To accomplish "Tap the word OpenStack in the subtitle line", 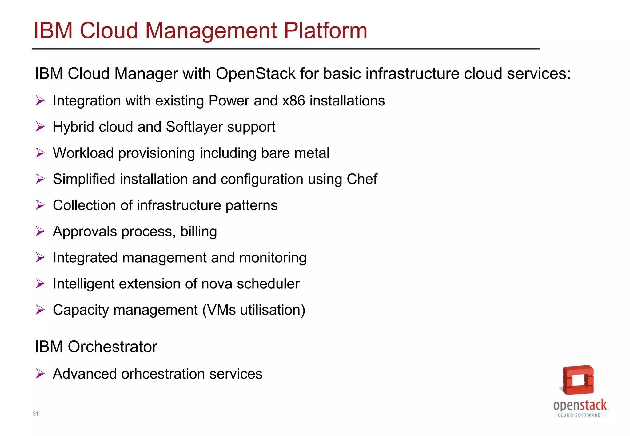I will (256, 74).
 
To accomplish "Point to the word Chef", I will (362, 179).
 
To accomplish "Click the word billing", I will (199, 232).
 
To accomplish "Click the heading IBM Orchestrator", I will (96, 347).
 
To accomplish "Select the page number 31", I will (35, 414).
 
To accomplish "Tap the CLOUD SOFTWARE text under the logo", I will (579, 415).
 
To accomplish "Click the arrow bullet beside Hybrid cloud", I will (40, 127).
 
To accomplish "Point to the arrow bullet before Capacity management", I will (40, 310).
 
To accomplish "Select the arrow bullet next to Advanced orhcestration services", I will (40, 374).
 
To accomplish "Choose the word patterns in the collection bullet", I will (251, 205).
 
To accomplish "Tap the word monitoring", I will (273, 258).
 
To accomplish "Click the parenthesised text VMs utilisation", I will (254, 310).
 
